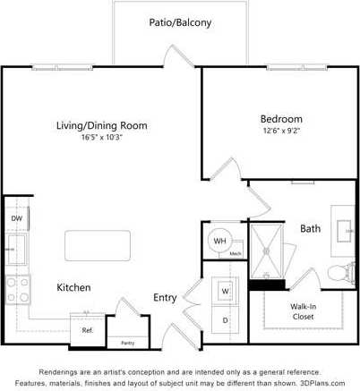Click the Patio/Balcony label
click(180, 23)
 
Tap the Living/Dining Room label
click(102, 125)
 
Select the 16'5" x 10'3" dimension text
click(102, 139)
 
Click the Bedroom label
click(281, 119)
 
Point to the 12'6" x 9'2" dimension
click(281, 132)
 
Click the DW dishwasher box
click(17, 218)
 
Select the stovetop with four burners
click(17, 287)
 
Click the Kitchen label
click(73, 287)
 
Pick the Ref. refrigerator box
click(88, 329)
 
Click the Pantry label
click(126, 343)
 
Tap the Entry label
click(165, 298)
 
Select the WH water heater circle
click(219, 240)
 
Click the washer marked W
click(225, 292)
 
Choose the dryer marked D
click(225, 319)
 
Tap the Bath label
click(310, 229)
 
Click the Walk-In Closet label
click(303, 310)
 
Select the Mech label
click(236, 254)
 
